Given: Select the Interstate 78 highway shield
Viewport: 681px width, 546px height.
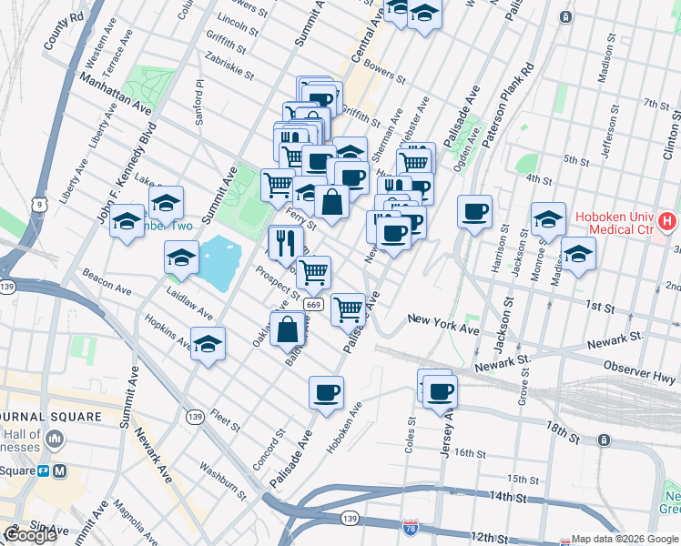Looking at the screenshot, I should pos(411,527).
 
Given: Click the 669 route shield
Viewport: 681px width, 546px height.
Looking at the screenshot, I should pos(313,305).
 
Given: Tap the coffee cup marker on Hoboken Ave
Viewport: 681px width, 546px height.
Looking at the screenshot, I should pos(326,393).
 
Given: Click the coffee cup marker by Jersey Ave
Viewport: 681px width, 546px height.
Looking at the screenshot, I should pos(440,392).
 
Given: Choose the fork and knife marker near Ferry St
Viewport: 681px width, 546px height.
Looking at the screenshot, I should pos(287,242).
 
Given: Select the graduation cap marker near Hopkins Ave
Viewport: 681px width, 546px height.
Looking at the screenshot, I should pos(208,346).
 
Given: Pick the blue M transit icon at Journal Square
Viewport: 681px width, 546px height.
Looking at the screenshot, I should pos(60,471).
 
